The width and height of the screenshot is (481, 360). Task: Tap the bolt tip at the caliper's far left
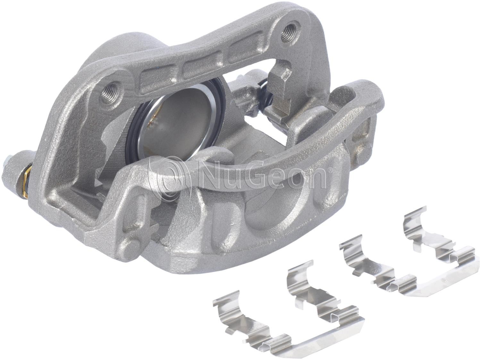click(x=9, y=163)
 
